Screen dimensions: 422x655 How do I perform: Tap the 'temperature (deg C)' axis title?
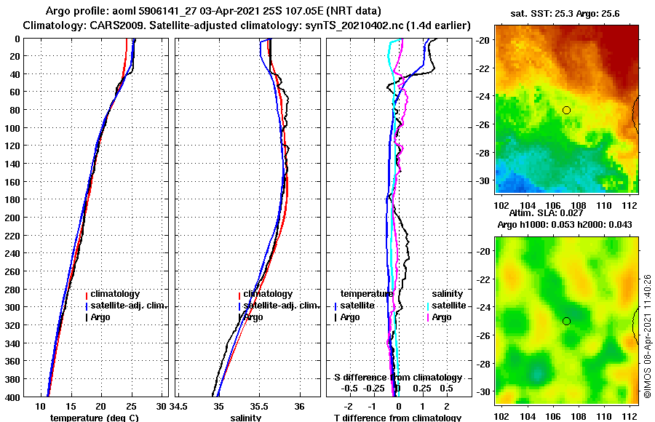click(94, 418)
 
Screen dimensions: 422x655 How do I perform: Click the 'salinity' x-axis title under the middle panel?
click(245, 418)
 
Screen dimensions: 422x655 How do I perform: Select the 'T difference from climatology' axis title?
click(397, 418)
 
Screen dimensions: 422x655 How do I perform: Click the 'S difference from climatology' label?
click(397, 378)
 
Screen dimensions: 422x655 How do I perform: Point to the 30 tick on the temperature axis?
click(161, 405)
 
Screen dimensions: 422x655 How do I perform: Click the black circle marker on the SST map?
click(566, 110)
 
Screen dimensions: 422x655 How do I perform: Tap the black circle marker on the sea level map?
click(566, 321)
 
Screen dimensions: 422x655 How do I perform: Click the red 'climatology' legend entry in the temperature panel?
click(113, 294)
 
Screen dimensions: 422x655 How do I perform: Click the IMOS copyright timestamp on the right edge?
click(648, 336)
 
